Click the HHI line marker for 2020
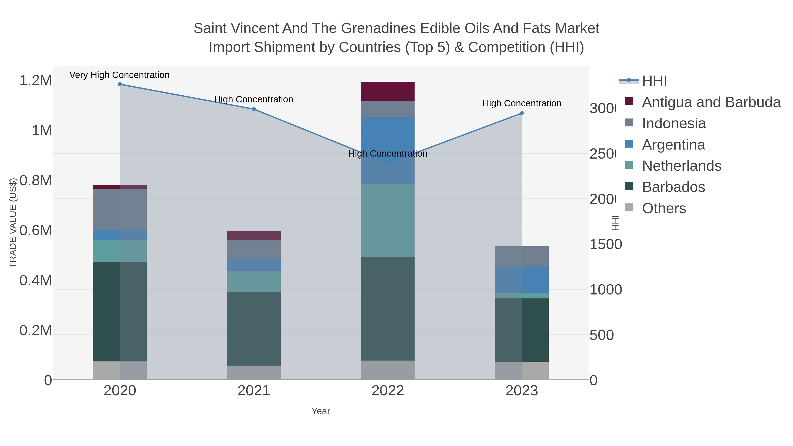pos(120,84)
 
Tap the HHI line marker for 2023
pos(521,113)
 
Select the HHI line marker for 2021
pos(254,109)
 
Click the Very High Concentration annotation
pos(119,75)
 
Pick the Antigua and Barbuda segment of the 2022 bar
pos(387,91)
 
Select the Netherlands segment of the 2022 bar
pos(387,220)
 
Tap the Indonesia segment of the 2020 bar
pos(120,209)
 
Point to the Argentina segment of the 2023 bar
pos(521,279)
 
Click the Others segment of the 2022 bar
pos(387,370)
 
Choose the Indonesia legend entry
pos(674,123)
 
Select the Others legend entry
pos(664,208)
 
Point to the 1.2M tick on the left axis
pos(36,81)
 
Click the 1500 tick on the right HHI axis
pos(605,245)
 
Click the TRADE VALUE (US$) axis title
pos(13,223)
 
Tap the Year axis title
pos(321,411)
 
